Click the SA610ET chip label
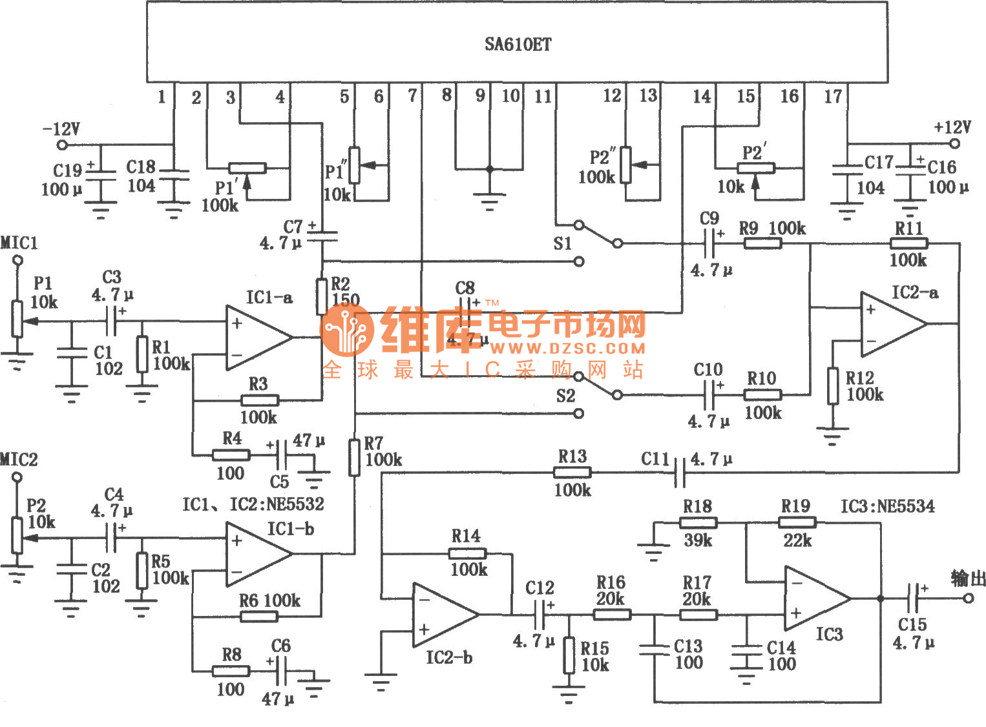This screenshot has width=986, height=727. coord(518,45)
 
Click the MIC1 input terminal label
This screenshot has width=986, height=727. coord(19,243)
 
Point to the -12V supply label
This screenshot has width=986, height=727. coord(61,128)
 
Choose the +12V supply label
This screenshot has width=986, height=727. coord(952,127)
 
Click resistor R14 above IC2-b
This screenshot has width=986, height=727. coord(468,553)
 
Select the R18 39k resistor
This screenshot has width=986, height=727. coord(698,522)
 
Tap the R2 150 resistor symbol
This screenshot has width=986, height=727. coord(322,296)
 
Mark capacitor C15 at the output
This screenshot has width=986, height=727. coord(913,599)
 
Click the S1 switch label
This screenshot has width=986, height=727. coord(562,243)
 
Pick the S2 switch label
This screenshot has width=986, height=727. coord(565,396)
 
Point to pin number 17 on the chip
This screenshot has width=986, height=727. coord(833,97)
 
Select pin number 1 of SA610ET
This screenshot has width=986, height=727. coord(162,97)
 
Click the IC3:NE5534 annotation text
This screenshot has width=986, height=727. coord(887,506)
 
